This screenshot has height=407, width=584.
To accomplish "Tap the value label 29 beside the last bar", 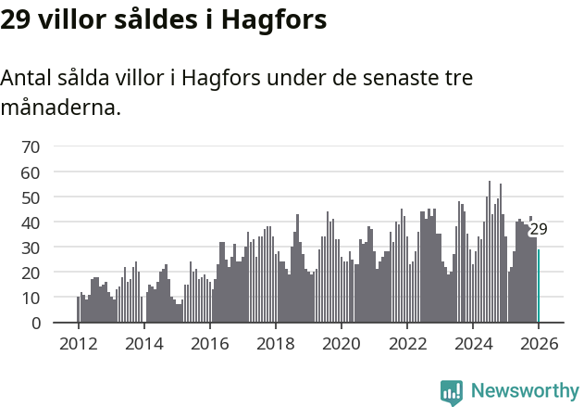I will point(539,229).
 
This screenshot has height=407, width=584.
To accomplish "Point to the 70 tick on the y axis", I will point(31,146).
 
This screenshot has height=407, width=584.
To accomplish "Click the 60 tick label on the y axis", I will point(31,172).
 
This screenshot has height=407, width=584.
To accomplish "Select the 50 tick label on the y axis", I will point(31,197).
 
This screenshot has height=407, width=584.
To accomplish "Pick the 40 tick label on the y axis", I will point(31,223).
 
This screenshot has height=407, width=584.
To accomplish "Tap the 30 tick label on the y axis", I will point(31,248).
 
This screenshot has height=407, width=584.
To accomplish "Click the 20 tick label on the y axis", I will point(31,273).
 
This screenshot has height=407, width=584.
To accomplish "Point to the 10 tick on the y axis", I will point(31,298).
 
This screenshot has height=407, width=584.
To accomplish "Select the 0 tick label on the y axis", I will point(35,324).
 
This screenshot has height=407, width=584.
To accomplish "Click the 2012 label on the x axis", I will point(78,343).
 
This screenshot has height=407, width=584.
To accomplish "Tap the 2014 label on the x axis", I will point(143,343).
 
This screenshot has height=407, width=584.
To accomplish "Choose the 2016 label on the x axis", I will point(209,343).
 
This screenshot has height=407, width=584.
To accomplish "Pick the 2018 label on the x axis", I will point(275,343).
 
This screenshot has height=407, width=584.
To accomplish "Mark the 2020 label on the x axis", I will point(342,343).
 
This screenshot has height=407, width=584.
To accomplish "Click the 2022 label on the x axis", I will point(407,343).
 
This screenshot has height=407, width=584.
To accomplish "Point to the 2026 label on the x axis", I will point(539,343).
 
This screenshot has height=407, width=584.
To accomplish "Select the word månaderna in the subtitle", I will point(60,108).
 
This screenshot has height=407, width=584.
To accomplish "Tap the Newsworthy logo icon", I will point(452,391).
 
